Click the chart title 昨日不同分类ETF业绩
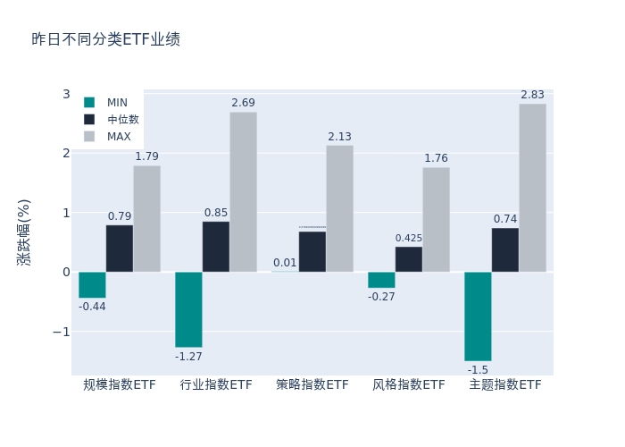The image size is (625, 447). tap(105, 40)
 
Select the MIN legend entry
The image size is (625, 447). tap(116, 103)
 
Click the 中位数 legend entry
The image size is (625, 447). tap(122, 120)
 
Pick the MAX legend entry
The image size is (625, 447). tap(119, 137)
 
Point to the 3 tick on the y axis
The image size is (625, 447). tap(66, 94)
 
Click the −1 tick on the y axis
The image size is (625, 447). tap(61, 332)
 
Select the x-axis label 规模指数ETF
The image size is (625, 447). tap(120, 385)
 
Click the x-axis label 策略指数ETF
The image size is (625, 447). tap(312, 385)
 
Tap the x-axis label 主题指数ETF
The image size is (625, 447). tap(505, 385)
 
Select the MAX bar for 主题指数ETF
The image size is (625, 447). tap(532, 188)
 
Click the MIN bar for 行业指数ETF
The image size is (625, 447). tap(188, 309)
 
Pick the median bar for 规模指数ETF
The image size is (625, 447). tap(120, 249)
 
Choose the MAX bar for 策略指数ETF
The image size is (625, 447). tap(339, 208)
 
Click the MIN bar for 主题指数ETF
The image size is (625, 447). tap(478, 316)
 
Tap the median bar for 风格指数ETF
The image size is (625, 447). tap(409, 259)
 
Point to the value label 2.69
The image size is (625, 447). tap(243, 103)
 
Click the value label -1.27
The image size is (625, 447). tap(188, 357)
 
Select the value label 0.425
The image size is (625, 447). tap(409, 238)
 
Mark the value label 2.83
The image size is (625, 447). tap(532, 95)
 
